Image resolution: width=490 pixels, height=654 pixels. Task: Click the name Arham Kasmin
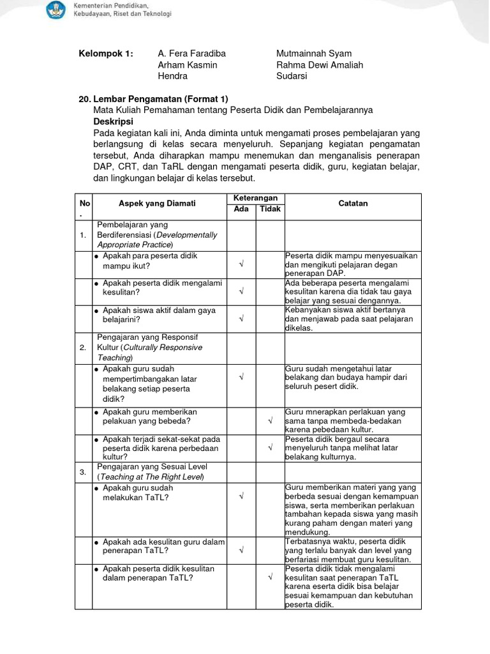[x=188, y=65]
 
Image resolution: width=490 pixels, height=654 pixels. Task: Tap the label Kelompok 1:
[x=106, y=54]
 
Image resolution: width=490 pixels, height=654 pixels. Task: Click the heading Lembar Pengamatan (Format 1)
[x=160, y=99]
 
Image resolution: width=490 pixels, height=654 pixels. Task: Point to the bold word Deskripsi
[x=113, y=121]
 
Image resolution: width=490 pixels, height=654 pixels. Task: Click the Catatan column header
[x=353, y=203]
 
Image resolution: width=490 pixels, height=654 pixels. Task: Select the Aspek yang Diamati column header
[x=157, y=203]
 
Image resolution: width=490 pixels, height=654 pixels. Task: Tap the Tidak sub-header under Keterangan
[x=270, y=209]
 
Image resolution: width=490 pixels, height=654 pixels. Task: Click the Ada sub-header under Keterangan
[x=242, y=209]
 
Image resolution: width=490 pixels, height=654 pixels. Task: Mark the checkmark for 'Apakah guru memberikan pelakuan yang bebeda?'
[x=270, y=421]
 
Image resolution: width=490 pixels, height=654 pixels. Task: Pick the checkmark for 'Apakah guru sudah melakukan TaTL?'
[x=242, y=496]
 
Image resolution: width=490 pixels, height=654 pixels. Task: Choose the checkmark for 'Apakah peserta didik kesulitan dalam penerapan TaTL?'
[x=270, y=577]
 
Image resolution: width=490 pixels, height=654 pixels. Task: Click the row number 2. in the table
[x=83, y=348]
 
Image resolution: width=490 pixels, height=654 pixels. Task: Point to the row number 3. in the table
[x=83, y=472]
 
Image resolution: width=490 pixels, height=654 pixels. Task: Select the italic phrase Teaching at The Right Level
[x=151, y=477]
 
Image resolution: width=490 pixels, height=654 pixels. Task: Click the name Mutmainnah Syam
[x=314, y=54]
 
